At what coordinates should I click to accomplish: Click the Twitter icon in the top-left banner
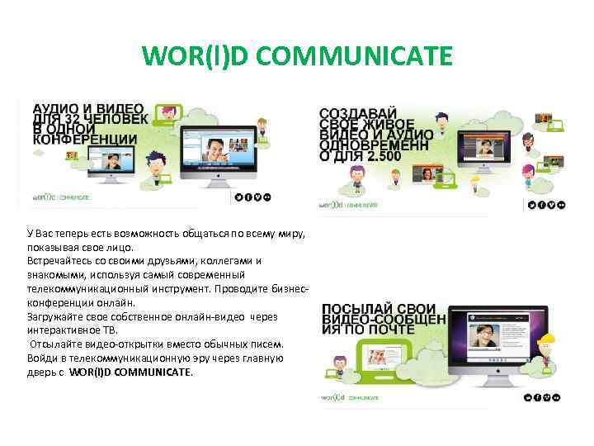238,197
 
